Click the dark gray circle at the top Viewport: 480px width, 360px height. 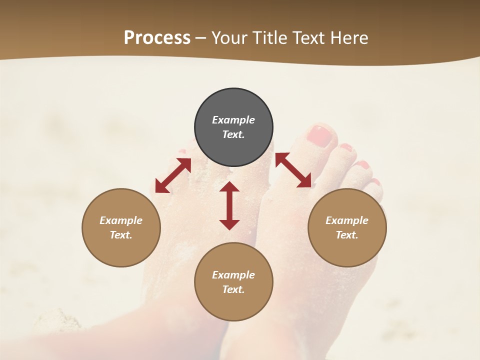point(233,127)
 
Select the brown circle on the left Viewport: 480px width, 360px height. point(121,227)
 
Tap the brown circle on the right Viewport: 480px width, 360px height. point(347,227)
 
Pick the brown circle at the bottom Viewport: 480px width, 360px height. point(233,282)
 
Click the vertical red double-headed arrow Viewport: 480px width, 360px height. point(229,205)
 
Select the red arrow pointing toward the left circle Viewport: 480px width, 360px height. point(173,175)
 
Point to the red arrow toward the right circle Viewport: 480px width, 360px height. point(293,170)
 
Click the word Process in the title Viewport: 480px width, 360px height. point(157,38)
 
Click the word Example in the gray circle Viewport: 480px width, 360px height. point(233,120)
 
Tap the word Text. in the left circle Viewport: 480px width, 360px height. point(121,235)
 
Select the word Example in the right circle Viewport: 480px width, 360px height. point(347,220)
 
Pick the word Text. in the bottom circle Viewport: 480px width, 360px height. point(233,289)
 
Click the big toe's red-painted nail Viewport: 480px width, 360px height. point(319,135)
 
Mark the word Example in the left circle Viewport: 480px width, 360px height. point(121,220)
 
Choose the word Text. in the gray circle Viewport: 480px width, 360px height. point(233,134)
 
